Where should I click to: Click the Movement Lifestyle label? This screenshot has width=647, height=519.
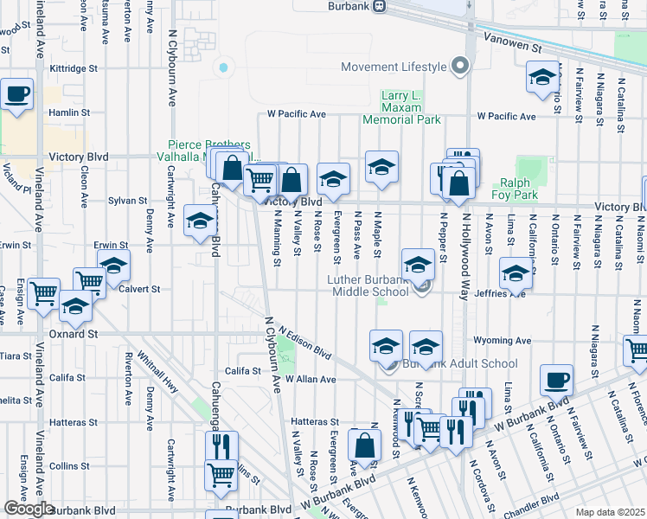click(x=394, y=67)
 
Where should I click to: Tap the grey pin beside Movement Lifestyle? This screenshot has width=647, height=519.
click(x=460, y=66)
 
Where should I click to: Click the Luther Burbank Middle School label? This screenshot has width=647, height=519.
click(x=368, y=285)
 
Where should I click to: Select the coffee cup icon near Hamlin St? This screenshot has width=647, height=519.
click(x=16, y=93)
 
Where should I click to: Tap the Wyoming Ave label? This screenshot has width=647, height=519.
click(x=507, y=341)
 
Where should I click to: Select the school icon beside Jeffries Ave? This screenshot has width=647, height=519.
click(x=516, y=276)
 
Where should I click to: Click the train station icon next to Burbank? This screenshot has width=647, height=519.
click(x=378, y=6)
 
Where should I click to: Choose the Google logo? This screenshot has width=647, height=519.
click(x=29, y=509)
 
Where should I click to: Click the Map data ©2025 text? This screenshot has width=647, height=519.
click(x=611, y=512)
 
